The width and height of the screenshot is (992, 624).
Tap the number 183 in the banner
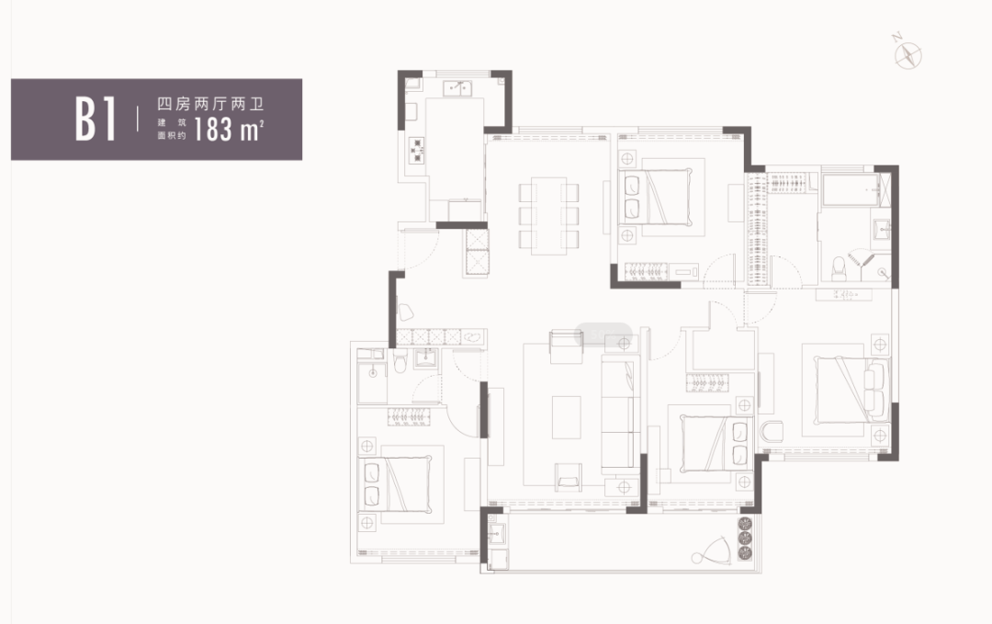(212, 129)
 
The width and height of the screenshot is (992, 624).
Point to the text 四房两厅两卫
(210, 104)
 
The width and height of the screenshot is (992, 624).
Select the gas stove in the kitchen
(417, 151)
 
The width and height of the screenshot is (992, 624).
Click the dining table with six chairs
(548, 215)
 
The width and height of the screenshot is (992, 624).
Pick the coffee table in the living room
(566, 417)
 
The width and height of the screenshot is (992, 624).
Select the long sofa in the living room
(621, 415)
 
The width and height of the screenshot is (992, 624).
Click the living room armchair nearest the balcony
(569, 477)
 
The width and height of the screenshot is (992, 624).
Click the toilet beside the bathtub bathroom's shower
(839, 268)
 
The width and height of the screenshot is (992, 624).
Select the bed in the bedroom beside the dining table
(655, 196)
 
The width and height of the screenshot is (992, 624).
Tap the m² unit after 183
(252, 130)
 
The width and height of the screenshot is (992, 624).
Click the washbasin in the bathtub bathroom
(881, 229)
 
